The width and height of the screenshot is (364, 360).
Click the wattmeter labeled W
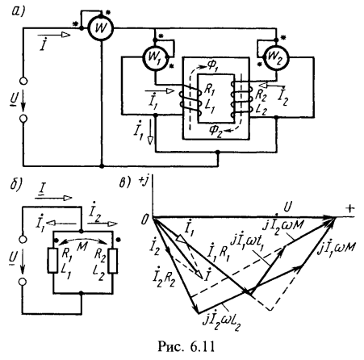pyautogui.click(x=101, y=28)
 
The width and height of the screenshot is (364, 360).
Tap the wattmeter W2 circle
pyautogui.click(x=276, y=58)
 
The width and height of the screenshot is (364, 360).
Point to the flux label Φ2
pyautogui.click(x=216, y=132)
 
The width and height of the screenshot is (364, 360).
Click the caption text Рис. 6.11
pyautogui.click(x=186, y=347)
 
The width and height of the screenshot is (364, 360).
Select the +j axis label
pyautogui.click(x=144, y=182)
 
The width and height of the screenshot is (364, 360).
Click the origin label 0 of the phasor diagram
pyautogui.click(x=144, y=220)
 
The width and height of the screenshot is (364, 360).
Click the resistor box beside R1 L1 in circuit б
pyautogui.click(x=53, y=261)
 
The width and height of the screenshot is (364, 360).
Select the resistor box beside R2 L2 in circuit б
pyautogui.click(x=113, y=261)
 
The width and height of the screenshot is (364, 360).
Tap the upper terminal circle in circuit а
pyautogui.click(x=23, y=81)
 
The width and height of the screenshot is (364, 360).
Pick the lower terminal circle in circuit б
pyautogui.click(x=23, y=282)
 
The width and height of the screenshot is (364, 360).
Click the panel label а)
pyautogui.click(x=18, y=12)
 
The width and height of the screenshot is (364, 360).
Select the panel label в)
pyautogui.click(x=124, y=183)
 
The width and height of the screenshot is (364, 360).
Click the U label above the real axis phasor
pyautogui.click(x=287, y=207)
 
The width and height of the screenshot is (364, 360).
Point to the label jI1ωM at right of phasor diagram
pyautogui.click(x=337, y=246)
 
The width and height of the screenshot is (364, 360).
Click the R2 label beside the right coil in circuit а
pyautogui.click(x=261, y=95)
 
